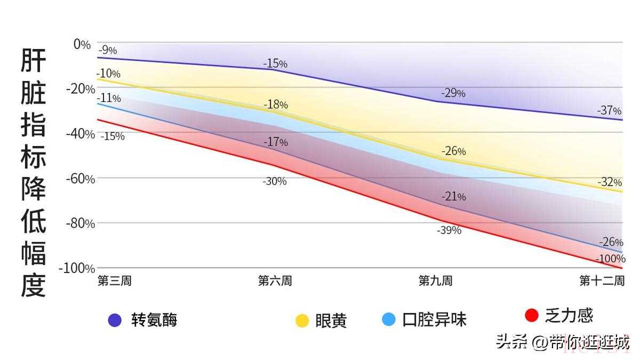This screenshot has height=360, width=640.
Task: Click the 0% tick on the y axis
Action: point(82,44)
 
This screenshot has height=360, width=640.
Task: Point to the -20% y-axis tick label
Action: point(79,89)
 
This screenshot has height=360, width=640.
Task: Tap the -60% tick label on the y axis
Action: point(79,179)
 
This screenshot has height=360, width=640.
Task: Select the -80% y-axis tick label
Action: point(79,223)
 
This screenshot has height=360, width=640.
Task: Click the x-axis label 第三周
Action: point(114,281)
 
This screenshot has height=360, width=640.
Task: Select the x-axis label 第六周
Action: point(275,281)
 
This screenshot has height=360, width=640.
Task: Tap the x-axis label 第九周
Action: point(435,281)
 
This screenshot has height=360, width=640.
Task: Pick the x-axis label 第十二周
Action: point(602,281)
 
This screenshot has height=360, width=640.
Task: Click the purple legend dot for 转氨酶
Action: point(115,320)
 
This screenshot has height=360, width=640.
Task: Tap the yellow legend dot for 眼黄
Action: point(302,321)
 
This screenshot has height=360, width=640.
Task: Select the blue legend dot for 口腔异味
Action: point(389,319)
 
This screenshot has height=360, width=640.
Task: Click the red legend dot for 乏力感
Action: point(531,315)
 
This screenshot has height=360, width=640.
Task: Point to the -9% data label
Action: point(107,51)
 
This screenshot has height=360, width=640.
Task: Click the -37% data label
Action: point(609,111)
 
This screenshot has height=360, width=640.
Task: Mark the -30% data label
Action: point(274,181)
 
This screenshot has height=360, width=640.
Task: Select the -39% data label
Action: point(449,230)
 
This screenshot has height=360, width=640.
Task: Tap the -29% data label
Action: point(453,93)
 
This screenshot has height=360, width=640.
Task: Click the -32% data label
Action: point(609,182)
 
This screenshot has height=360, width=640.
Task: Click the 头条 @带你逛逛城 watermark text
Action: point(563,342)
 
